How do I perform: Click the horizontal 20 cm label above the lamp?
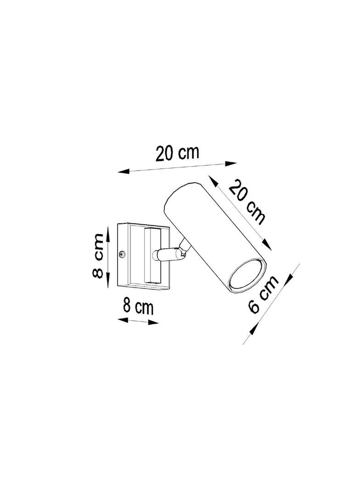(177, 153)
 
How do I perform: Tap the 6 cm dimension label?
(263, 294)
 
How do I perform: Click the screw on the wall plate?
(123, 255)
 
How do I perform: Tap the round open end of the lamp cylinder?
(247, 276)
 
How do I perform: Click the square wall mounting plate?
(143, 256)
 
